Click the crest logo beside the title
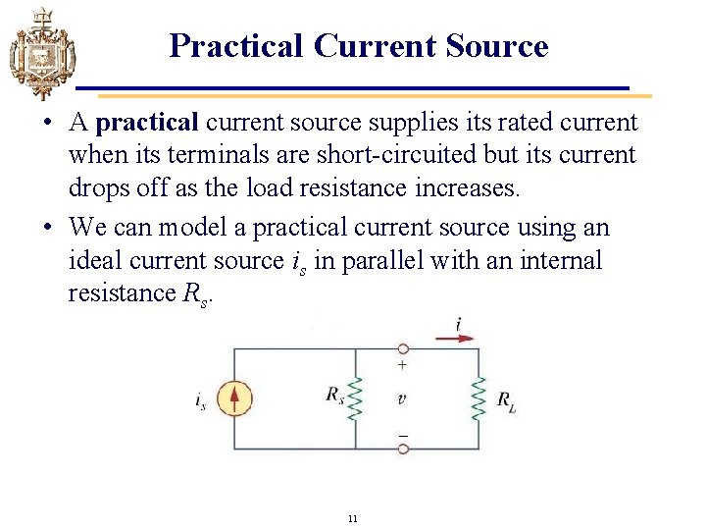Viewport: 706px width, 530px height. (x=41, y=53)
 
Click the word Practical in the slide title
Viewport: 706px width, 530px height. (x=236, y=46)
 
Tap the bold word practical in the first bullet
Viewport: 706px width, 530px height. (x=149, y=123)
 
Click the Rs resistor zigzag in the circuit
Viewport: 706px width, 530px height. (x=355, y=398)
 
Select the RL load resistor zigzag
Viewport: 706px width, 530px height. (x=479, y=398)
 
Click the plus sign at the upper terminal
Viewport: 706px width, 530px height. (x=402, y=364)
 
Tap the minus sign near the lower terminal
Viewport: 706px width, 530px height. (x=402, y=433)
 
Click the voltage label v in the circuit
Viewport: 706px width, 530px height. (x=402, y=398)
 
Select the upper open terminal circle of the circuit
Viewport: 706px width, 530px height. (x=402, y=348)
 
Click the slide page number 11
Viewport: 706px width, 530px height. (x=353, y=517)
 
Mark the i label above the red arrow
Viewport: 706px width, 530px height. (x=458, y=323)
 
